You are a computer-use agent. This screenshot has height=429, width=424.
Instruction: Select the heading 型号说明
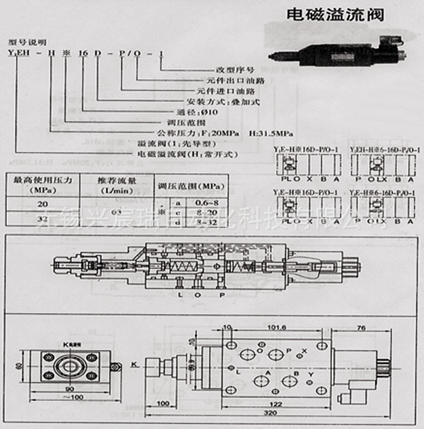pos(26,42)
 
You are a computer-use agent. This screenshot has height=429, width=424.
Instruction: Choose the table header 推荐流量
pos(115,181)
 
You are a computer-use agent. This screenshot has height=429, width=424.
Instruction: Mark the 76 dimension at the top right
pos(361,327)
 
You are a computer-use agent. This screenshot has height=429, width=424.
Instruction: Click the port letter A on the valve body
pos(267,374)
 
